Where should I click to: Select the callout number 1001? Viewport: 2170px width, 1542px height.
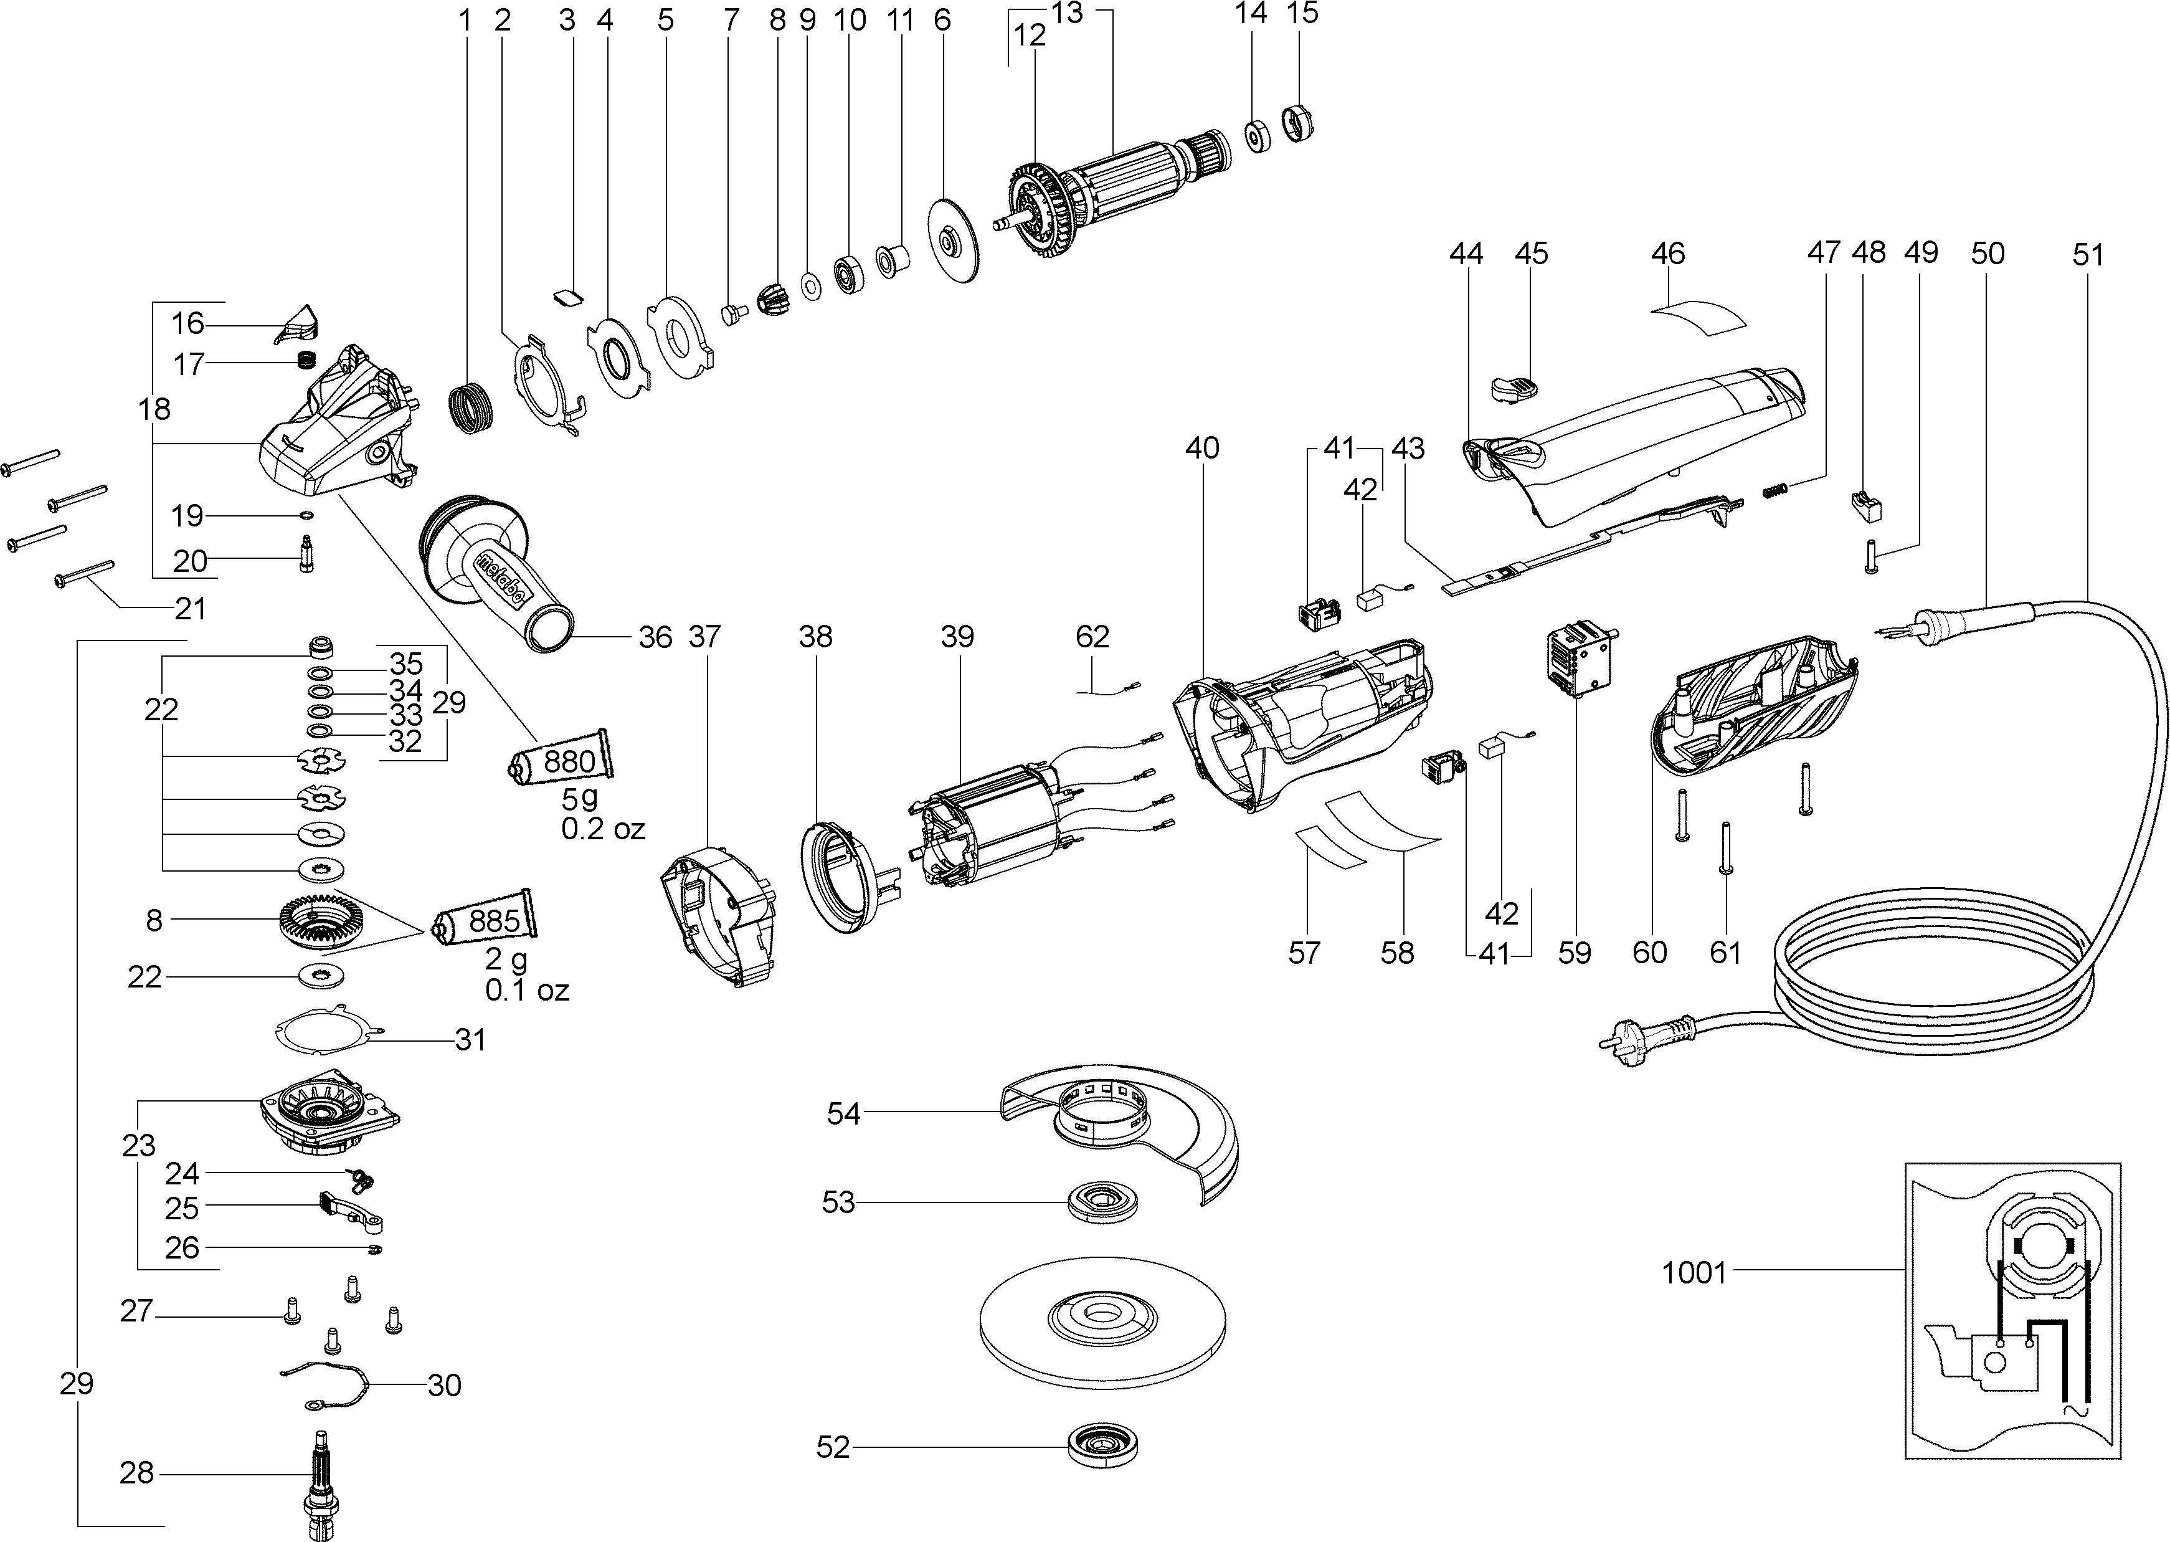click(1694, 1272)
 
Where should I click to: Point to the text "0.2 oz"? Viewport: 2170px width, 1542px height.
click(603, 829)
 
